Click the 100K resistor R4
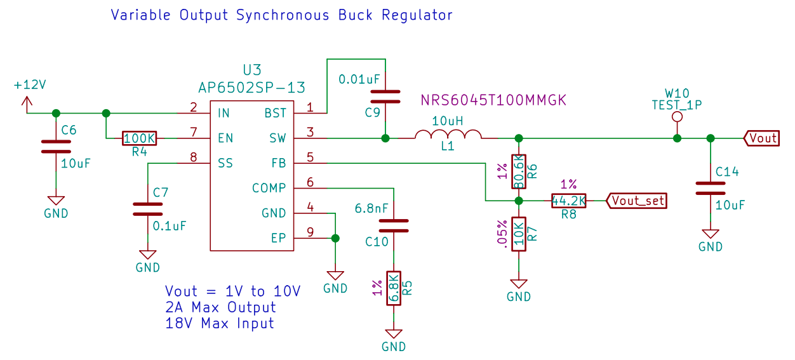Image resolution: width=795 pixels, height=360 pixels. point(139,138)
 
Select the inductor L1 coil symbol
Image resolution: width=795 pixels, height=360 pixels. point(448,135)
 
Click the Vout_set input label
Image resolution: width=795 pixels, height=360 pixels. point(637,201)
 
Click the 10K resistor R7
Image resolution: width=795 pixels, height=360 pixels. point(519,234)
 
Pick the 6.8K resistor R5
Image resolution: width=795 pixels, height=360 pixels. point(394,289)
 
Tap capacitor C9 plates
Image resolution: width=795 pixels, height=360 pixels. point(385,96)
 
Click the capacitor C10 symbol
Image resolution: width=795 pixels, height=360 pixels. point(394,225)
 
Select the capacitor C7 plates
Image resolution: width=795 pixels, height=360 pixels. point(147,209)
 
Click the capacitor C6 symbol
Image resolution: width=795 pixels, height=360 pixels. point(55,147)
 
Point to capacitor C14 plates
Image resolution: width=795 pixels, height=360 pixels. point(710,188)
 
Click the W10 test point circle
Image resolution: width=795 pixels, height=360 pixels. point(677,117)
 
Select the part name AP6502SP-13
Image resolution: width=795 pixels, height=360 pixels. point(252,88)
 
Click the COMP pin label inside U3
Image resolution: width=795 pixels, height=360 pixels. point(269,188)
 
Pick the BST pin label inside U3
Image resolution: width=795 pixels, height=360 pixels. point(275,113)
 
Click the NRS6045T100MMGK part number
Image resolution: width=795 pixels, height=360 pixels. point(493,100)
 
